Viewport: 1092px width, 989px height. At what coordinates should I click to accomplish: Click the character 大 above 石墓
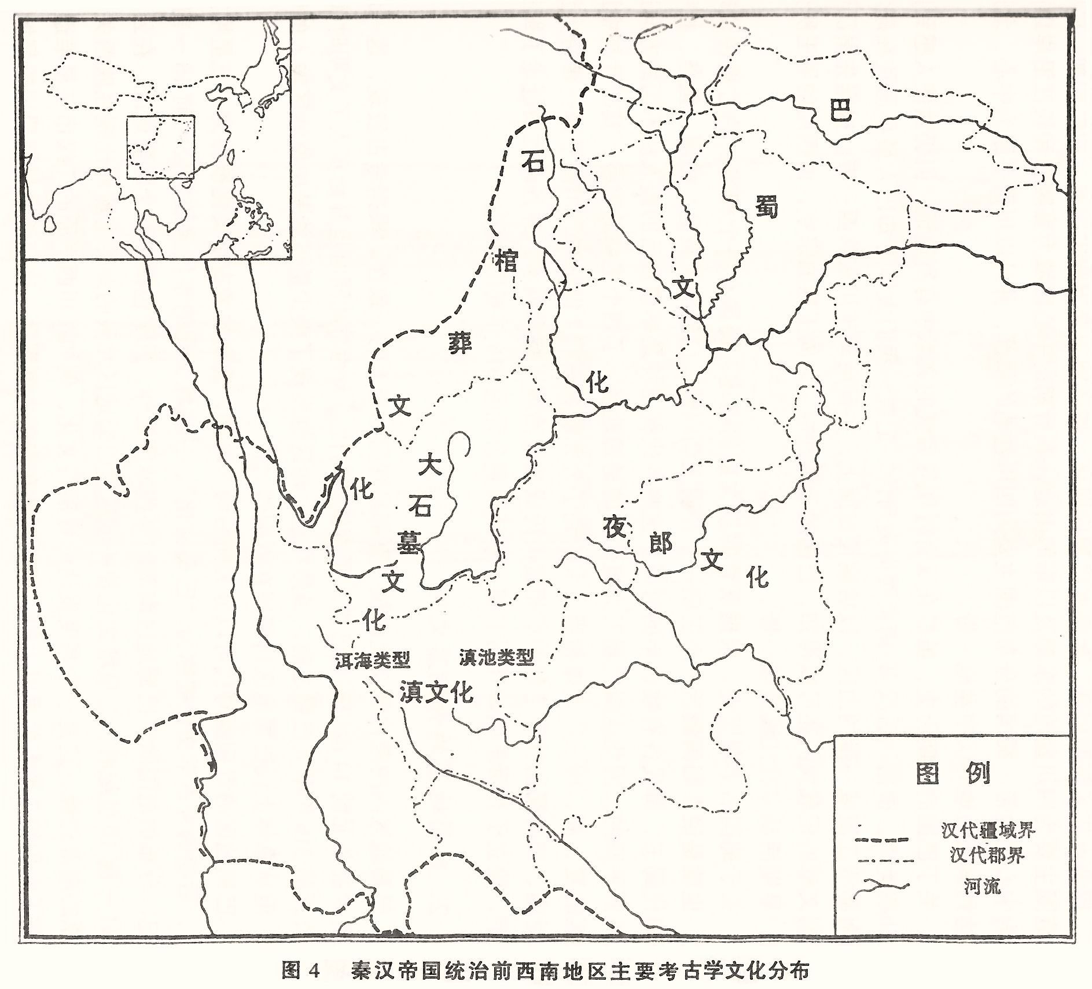(431, 464)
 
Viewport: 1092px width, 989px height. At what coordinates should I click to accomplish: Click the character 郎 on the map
(660, 543)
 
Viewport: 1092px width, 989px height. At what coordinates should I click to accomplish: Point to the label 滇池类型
(496, 657)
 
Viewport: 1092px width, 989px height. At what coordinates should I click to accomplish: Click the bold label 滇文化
(437, 693)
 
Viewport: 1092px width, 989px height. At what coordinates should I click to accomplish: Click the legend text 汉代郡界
(987, 854)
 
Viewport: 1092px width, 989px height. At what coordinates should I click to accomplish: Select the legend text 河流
(982, 886)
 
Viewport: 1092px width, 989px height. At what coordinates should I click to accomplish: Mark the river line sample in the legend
(881, 886)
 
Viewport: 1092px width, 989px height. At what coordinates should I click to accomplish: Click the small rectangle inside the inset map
(160, 147)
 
